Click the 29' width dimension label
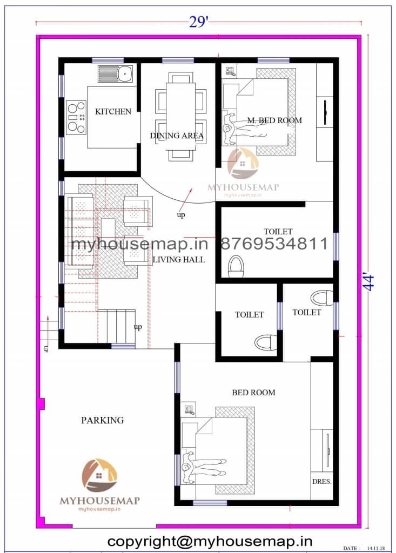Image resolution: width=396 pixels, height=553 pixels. coord(198,22)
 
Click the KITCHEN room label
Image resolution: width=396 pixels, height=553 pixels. coord(113,111)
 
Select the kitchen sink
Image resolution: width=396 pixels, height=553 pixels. coord(115,73)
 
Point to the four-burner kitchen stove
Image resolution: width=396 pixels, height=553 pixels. coord(76,117)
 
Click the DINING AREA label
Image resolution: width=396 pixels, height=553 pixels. coord(177,136)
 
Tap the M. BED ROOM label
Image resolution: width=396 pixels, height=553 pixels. coord(274,120)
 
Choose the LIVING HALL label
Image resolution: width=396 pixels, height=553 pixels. coord(179,260)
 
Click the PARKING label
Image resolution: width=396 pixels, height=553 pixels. coord(102,420)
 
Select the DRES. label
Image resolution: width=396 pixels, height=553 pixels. coord(321,481)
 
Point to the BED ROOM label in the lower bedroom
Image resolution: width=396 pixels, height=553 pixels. coord(253,393)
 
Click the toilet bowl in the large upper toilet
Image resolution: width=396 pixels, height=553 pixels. coord(236,267)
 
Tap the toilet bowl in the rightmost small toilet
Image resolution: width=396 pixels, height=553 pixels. coord(321,298)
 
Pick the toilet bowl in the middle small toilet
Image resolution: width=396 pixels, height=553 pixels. coord(266,342)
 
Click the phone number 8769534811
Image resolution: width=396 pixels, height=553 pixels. coord(274,244)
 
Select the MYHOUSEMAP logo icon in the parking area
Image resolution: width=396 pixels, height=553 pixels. coord(99,475)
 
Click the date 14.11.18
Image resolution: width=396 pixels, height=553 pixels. coord(376,548)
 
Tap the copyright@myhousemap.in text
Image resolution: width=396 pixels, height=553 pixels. coord(210,541)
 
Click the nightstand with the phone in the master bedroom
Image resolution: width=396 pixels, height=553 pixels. coord(231,72)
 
